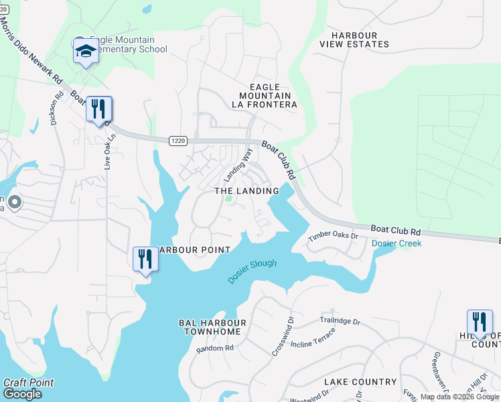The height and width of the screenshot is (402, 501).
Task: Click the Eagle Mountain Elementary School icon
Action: coord(86,51)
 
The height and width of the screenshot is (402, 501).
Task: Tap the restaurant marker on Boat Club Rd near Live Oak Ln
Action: coord(99,109)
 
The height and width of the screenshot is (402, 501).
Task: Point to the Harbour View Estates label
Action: coord(354,40)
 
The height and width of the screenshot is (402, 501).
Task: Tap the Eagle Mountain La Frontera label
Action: coord(264,96)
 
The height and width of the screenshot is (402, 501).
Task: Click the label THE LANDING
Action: coord(246,191)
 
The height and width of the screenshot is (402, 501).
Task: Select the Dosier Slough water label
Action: coord(252,271)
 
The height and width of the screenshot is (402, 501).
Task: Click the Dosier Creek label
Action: coord(397,243)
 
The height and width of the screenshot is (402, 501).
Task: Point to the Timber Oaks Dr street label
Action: coord(333,236)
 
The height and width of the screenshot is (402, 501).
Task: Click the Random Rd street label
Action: coord(214,348)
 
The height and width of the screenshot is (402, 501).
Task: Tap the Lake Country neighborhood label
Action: coord(360,382)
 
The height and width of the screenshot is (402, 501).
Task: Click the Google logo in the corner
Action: coord(22,394)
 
